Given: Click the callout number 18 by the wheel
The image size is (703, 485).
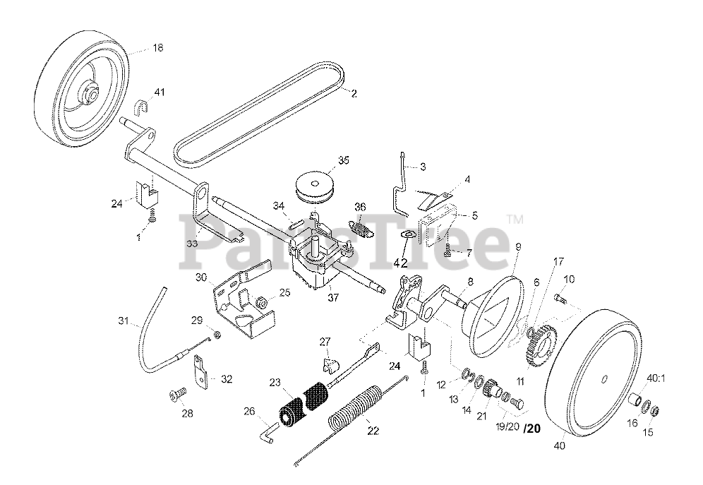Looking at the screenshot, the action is coord(157,47).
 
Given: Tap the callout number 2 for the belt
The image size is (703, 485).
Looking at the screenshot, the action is coord(354,92).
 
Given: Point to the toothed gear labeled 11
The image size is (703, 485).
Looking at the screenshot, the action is coord(540,345).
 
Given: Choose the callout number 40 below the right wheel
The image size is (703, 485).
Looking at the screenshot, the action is coord(560,445).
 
